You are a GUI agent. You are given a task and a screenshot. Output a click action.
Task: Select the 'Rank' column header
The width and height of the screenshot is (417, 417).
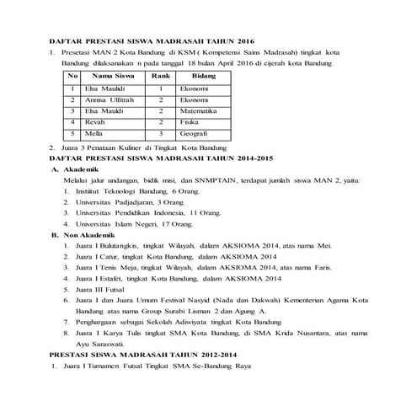pos(160,76)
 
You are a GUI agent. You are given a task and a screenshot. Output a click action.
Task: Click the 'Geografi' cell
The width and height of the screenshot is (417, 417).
pos(195,133)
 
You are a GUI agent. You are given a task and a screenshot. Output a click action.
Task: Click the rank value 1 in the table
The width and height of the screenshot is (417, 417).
pos(160,88)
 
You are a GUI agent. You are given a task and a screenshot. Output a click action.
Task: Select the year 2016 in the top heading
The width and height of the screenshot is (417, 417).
pos(241,40)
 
